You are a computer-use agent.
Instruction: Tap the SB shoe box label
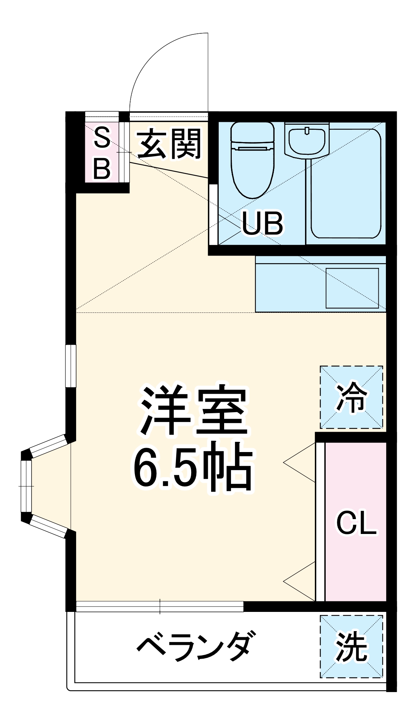(x=102, y=153)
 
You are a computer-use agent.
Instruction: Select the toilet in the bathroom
(x=253, y=159)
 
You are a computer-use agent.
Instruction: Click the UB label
(x=262, y=223)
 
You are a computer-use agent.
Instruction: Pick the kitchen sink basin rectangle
(x=352, y=288)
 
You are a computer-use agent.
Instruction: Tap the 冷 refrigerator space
(x=351, y=397)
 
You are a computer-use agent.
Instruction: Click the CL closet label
(x=356, y=522)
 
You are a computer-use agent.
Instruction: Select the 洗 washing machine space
(x=351, y=646)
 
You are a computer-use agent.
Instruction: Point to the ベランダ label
(x=194, y=646)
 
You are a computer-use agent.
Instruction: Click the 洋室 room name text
(x=194, y=411)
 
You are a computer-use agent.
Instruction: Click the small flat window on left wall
(x=71, y=366)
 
